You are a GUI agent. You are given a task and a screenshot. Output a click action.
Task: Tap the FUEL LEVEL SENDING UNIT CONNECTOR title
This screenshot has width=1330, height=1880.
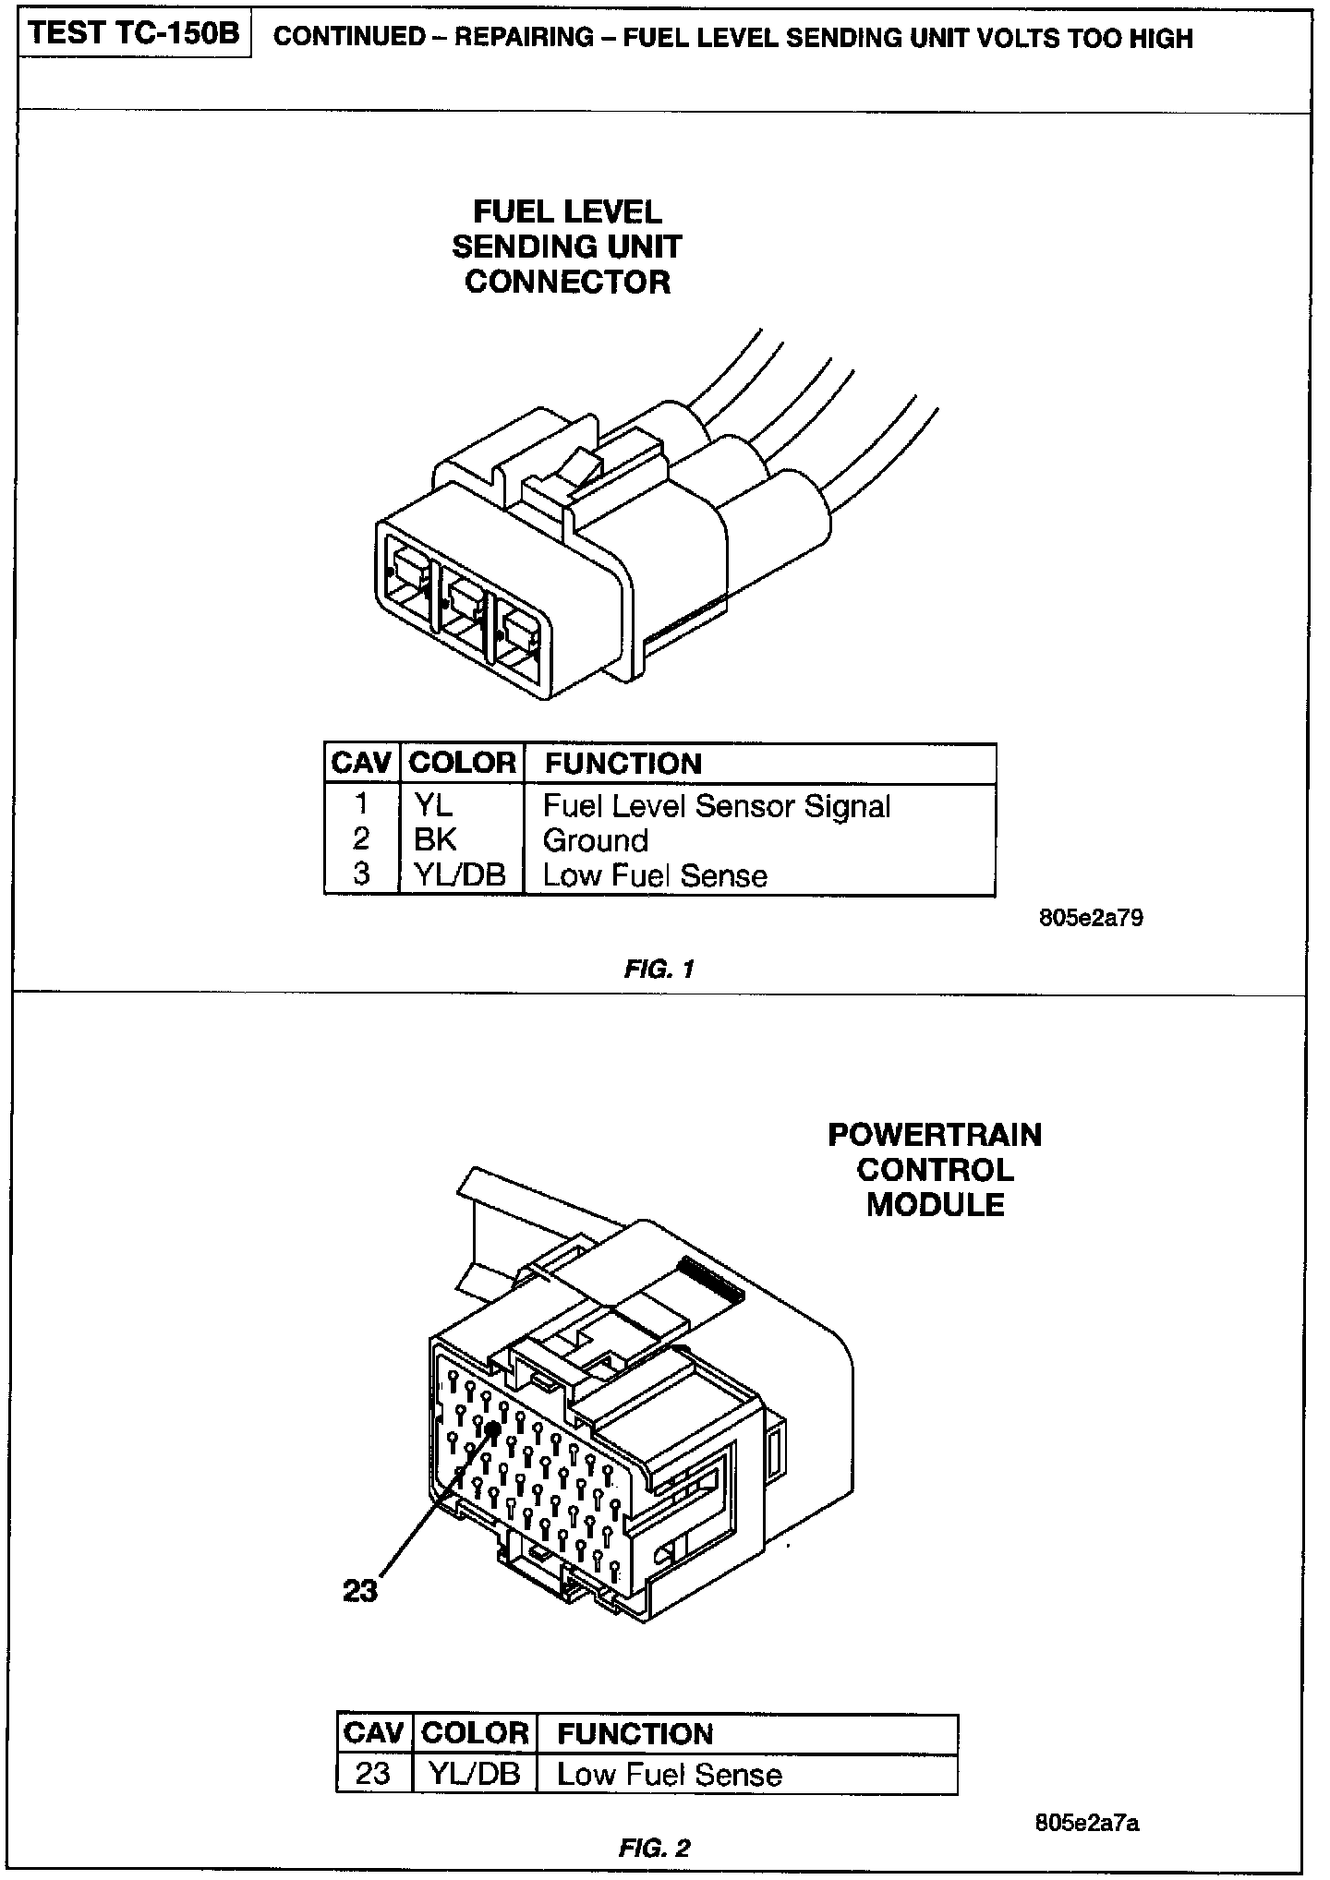pos(567,247)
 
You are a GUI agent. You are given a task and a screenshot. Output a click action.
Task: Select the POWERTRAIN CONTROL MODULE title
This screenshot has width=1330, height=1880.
pos(935,1169)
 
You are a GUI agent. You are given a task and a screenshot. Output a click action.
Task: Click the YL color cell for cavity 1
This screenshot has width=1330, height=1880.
pos(433,805)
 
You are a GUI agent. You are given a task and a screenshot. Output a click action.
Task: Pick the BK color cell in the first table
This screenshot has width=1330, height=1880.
pos(435,839)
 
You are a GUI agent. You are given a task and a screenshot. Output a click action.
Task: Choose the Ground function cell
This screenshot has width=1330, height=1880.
pos(595,840)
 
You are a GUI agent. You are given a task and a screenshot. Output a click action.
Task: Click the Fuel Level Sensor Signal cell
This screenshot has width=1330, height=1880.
pos(716,806)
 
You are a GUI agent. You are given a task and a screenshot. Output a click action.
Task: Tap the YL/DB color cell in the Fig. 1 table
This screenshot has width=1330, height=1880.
pos(460,874)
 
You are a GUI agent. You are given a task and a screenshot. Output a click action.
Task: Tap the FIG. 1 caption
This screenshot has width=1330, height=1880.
pos(659,969)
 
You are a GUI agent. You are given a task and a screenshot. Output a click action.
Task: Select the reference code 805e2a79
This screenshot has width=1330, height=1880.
pos(1090,919)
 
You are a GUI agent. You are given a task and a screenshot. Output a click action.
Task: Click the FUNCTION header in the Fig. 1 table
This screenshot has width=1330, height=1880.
pos(623,764)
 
